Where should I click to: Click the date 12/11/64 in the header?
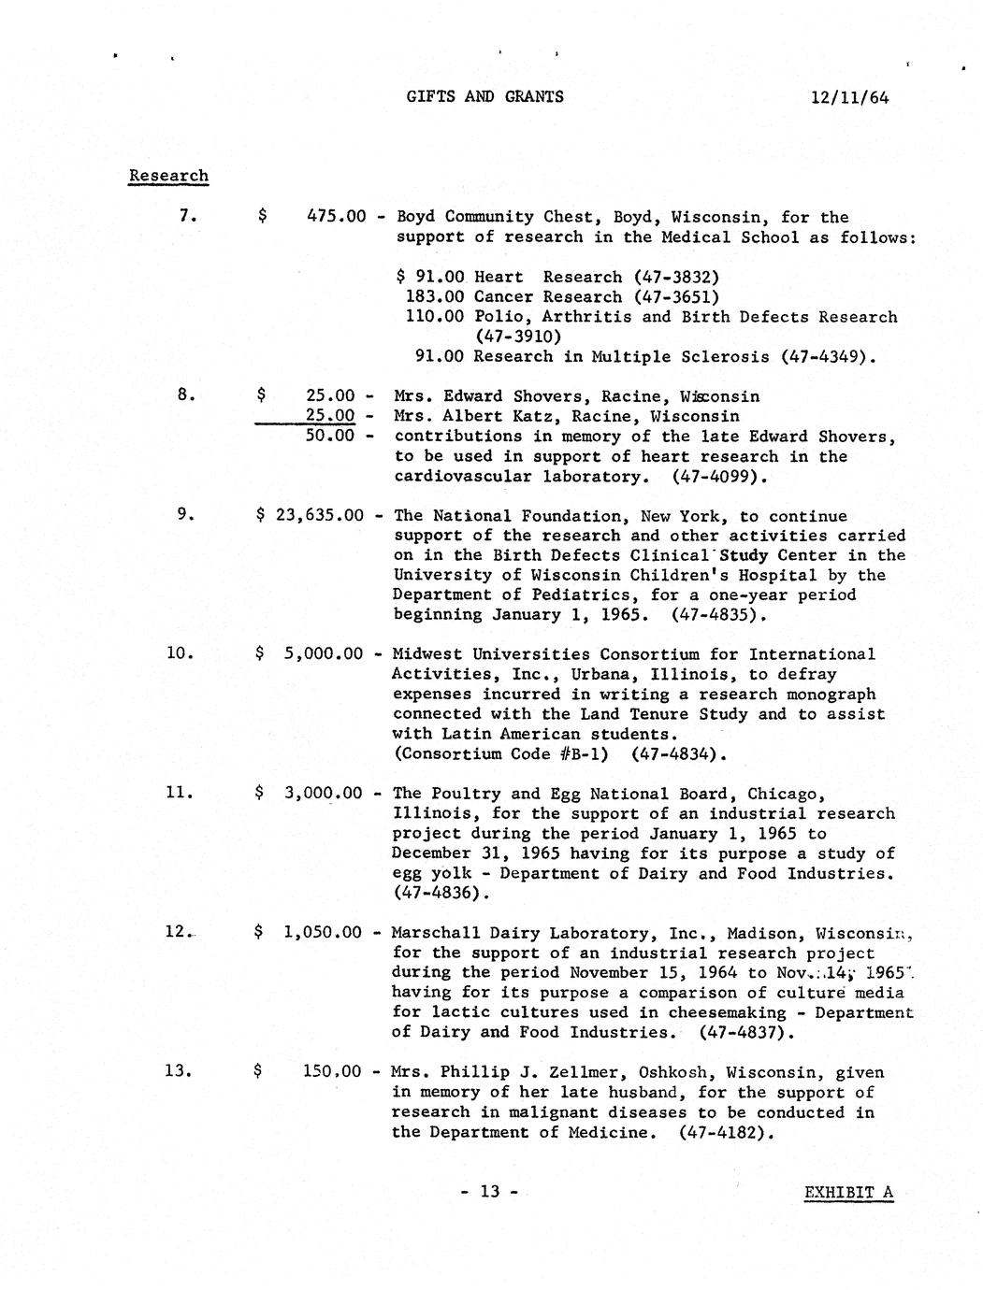850,96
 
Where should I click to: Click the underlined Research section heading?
168,176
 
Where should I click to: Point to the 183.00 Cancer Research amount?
434,297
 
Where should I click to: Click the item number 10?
180,653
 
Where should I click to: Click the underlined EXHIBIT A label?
848,1193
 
